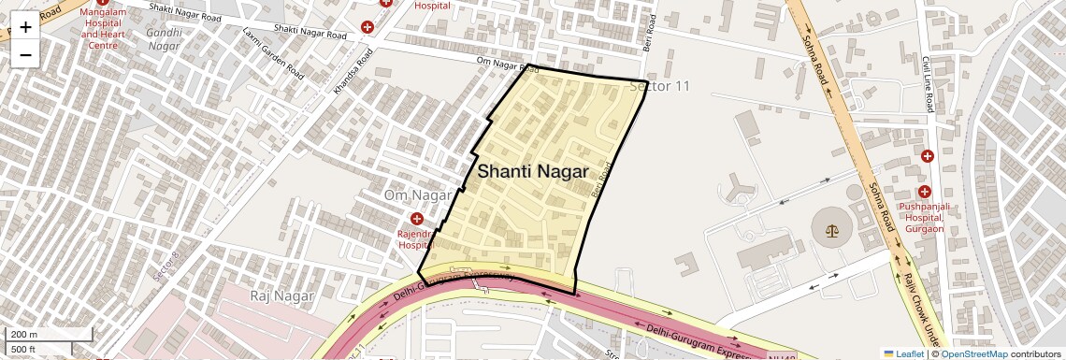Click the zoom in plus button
(x=25, y=26)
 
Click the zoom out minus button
(x=25, y=54)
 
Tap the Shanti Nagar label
(x=533, y=172)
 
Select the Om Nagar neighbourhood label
(x=418, y=194)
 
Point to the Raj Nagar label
(x=281, y=295)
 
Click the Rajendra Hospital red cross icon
(x=417, y=219)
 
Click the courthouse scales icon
(x=826, y=228)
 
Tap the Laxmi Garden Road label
(x=273, y=51)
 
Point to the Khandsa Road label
(x=351, y=74)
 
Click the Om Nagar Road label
(x=508, y=65)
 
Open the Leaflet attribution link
(x=903, y=353)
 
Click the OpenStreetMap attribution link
(x=973, y=353)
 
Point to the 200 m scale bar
(x=47, y=335)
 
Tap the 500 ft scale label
(x=22, y=350)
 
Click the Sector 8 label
(x=165, y=267)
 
